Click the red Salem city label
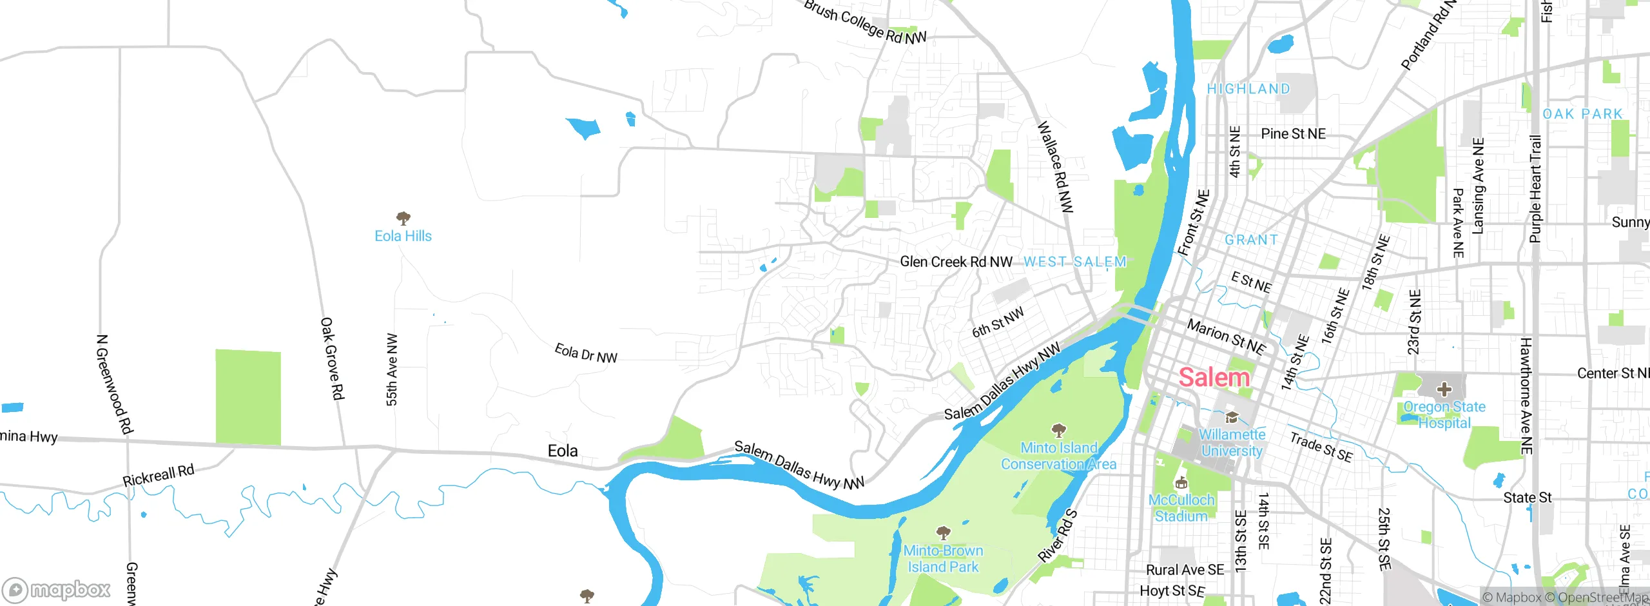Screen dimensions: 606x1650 1214,377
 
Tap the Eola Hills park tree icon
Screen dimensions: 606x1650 403,218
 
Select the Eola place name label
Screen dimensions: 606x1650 562,451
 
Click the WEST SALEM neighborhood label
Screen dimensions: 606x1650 1075,262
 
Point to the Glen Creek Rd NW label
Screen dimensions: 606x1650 956,262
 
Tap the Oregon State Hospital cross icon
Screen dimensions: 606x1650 1444,389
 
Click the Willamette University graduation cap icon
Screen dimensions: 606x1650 1232,417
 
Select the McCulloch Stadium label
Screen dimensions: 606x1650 1181,508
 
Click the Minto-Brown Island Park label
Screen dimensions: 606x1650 943,559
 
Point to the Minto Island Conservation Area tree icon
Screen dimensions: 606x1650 1058,430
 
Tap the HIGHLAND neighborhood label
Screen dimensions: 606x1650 1248,89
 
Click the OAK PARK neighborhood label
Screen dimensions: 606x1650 1582,114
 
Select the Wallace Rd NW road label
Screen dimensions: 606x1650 1055,167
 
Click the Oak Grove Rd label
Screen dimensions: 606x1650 332,358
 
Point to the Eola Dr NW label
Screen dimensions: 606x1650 586,353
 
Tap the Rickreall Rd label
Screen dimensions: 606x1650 159,476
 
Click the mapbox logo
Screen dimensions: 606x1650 57,589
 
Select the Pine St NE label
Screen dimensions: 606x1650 1293,134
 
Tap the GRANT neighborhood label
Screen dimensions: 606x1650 1251,240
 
